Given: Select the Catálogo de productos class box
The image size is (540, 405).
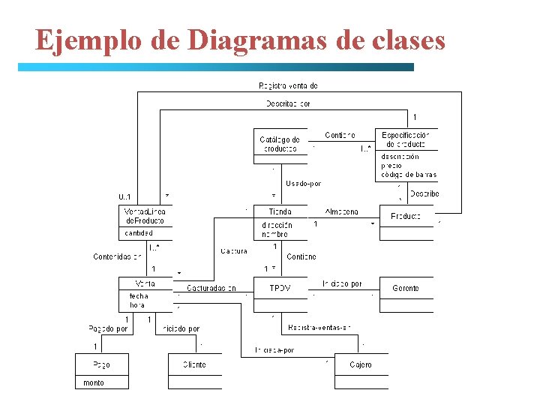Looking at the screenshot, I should pyautogui.click(x=280, y=145).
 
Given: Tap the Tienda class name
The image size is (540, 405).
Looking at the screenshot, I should pyautogui.click(x=280, y=211).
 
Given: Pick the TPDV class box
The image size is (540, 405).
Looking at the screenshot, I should pyautogui.click(x=280, y=288).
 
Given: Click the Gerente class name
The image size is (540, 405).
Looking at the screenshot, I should pyautogui.click(x=406, y=288).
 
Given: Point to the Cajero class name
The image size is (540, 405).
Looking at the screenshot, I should pyautogui.click(x=361, y=364).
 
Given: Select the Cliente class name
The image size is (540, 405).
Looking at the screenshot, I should pyautogui.click(x=194, y=364).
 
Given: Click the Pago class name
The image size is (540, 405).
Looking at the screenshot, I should pyautogui.click(x=101, y=364).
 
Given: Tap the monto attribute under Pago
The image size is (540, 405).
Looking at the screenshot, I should pyautogui.click(x=94, y=382).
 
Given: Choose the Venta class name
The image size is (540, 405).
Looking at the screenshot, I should pyautogui.click(x=145, y=283).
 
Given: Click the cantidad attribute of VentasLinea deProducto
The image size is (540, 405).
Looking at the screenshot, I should pyautogui.click(x=139, y=232).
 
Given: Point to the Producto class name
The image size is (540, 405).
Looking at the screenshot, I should pyautogui.click(x=406, y=216).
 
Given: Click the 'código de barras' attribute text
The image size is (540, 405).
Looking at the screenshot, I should pyautogui.click(x=408, y=175).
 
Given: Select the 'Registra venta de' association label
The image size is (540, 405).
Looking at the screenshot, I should pyautogui.click(x=288, y=86).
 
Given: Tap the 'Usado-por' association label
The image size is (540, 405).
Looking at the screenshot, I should pyautogui.click(x=303, y=183).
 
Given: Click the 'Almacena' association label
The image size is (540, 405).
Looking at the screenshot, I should pyautogui.click(x=342, y=211).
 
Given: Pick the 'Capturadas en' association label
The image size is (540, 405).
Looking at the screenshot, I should pyautogui.click(x=211, y=288).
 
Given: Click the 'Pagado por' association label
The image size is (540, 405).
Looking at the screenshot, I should pyautogui.click(x=108, y=328).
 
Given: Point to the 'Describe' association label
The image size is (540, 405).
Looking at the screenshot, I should pyautogui.click(x=424, y=193).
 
